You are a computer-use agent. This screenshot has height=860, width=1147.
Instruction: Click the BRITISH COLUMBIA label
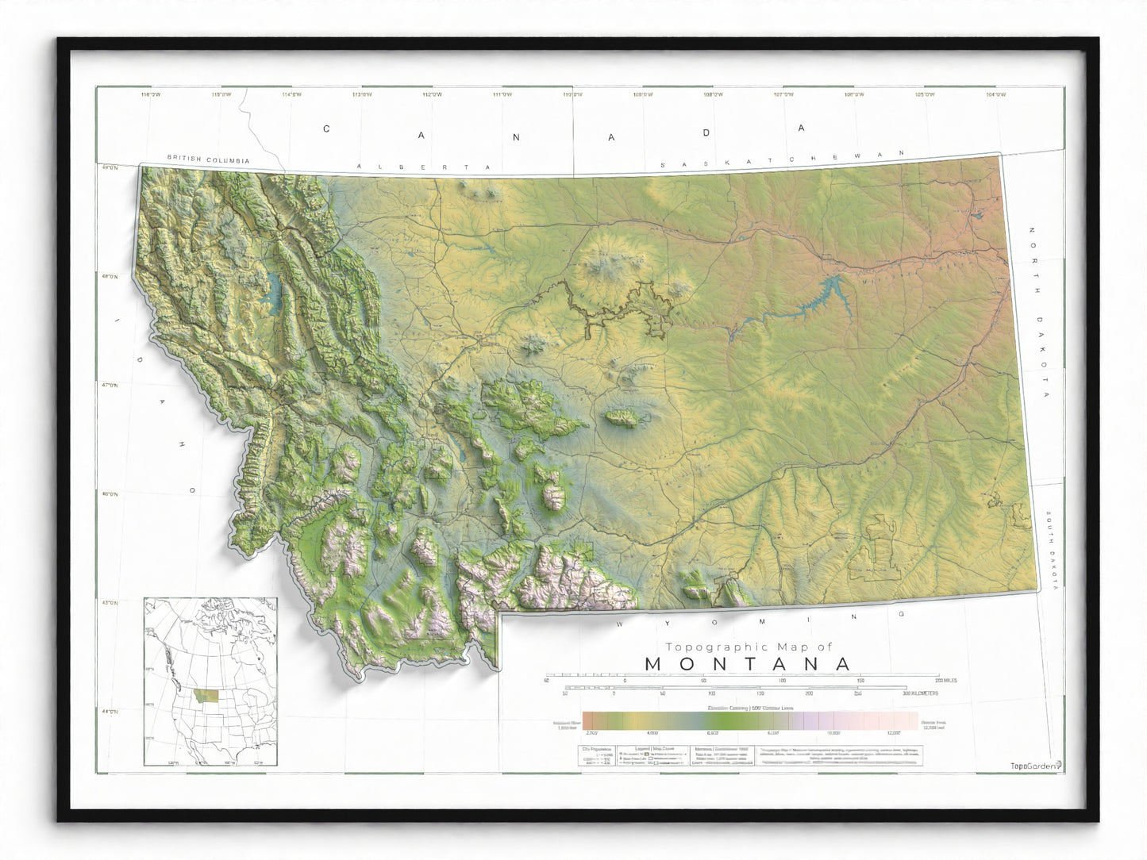coord(208,159)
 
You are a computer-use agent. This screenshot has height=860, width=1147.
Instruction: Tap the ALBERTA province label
coord(424,167)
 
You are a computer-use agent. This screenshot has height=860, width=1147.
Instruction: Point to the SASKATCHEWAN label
coord(783,159)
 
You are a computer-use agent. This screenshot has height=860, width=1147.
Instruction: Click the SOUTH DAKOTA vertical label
coord(1052,550)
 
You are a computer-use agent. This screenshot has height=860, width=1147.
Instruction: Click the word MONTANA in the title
coord(748,664)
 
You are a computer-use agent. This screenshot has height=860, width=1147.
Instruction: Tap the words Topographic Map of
coord(749,647)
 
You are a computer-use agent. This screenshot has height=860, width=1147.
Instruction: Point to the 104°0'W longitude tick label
coord(995,94)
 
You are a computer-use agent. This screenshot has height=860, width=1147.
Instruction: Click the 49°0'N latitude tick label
coord(109,167)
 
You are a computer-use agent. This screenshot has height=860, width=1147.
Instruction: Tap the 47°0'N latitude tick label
coord(109,386)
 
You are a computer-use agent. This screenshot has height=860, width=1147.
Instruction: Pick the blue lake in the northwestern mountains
coord(275,293)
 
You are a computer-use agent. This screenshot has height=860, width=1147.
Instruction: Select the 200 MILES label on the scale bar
coord(945,680)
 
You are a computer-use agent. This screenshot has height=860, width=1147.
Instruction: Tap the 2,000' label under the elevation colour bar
coord(591,734)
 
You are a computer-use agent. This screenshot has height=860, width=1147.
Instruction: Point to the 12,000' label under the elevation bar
coord(893,734)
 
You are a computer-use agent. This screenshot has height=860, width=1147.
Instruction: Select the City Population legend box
coord(596,756)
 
